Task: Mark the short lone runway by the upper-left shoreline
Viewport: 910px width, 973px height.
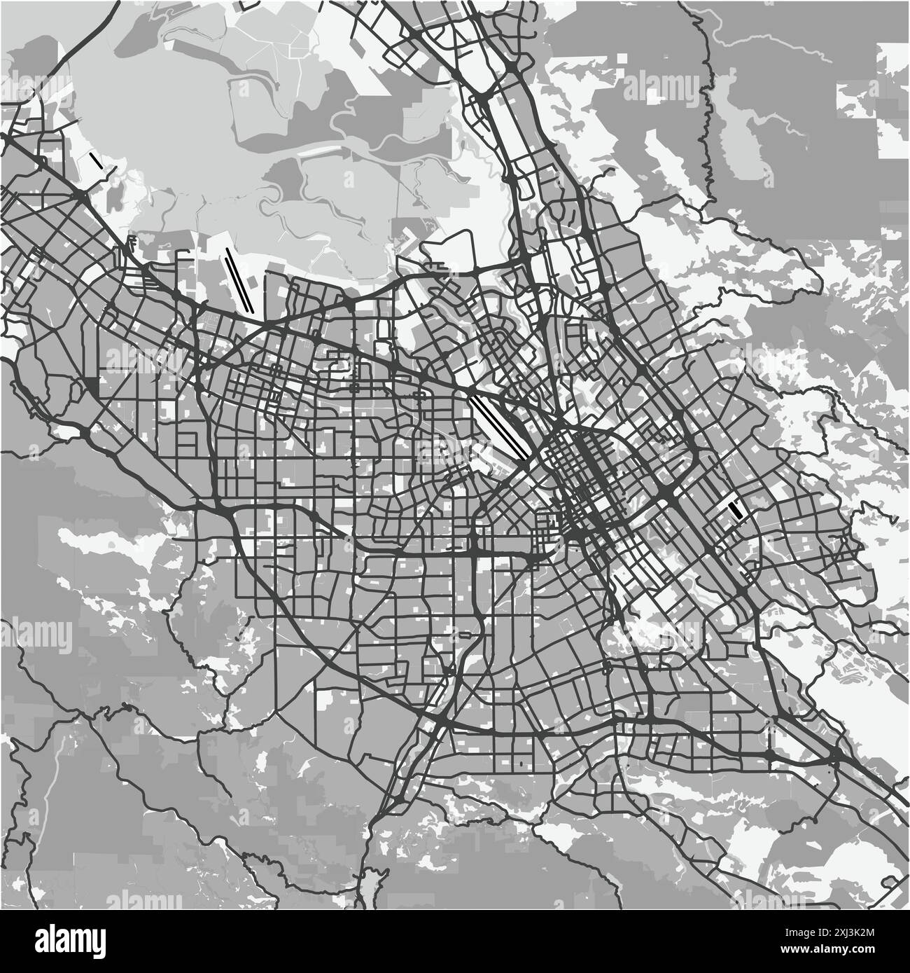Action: (96, 160)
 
